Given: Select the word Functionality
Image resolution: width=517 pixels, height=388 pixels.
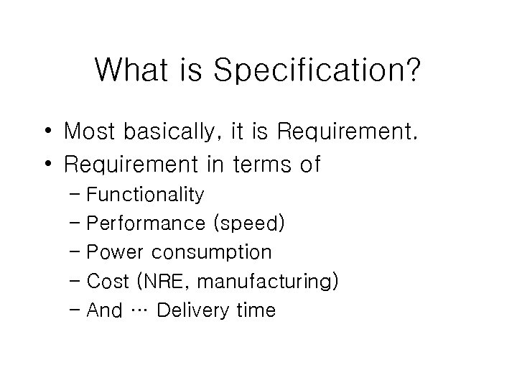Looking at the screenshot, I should click(144, 195).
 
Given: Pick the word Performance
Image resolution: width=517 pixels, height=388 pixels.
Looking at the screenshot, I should click(144, 223).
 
